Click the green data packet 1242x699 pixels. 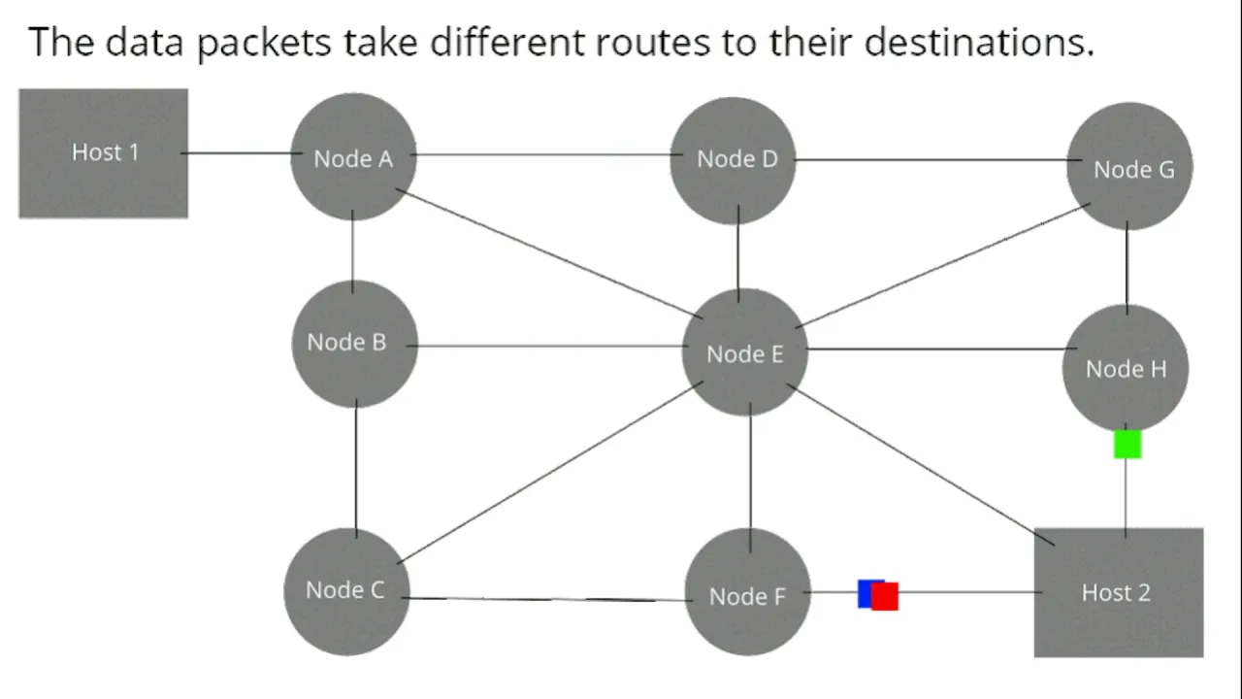click(x=1128, y=445)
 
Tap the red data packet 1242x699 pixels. click(x=885, y=596)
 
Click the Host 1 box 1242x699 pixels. click(x=104, y=153)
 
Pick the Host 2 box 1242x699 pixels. click(x=1119, y=592)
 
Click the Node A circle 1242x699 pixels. click(x=353, y=157)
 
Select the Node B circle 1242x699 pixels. click(x=355, y=344)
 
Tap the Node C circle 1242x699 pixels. click(x=347, y=591)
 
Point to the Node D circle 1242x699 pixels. click(x=733, y=161)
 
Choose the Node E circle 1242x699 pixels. click(x=744, y=352)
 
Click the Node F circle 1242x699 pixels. click(x=748, y=592)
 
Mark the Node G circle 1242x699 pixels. click(x=1130, y=166)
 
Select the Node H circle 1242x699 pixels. click(x=1126, y=368)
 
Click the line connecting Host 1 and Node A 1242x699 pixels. click(x=242, y=153)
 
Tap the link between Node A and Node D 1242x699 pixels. click(x=546, y=154)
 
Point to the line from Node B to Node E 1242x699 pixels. click(x=547, y=347)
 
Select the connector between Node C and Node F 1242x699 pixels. click(x=547, y=599)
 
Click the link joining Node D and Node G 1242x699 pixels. click(x=937, y=160)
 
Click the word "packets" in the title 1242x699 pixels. click(x=264, y=43)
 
